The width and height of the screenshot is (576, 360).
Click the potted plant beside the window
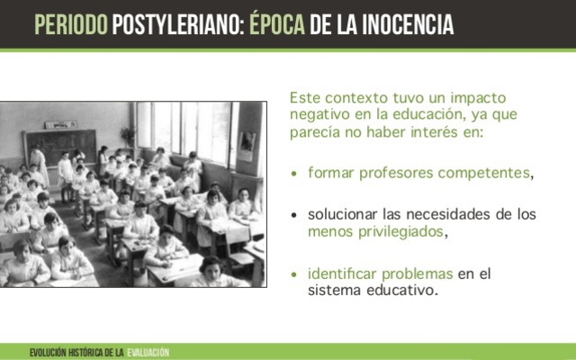[127, 135]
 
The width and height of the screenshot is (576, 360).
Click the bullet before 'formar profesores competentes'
[296, 171]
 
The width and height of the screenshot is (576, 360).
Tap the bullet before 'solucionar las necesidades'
[296, 215]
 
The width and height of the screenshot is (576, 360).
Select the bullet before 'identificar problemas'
[296, 274]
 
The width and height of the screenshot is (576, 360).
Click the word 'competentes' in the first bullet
[491, 171]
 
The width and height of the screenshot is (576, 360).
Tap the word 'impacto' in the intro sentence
[472, 97]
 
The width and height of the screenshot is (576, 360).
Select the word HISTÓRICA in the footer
[87, 351]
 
